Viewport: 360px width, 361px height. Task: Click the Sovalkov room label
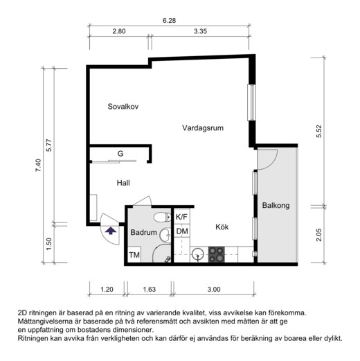tap(124, 107)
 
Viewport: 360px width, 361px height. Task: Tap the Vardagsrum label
tap(203, 128)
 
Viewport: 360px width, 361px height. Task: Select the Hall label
tap(123, 183)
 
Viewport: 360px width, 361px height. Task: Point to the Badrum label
tap(143, 234)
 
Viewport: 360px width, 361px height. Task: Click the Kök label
tap(222, 227)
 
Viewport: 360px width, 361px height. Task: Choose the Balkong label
tap(276, 206)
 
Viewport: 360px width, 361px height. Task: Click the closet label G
tap(120, 153)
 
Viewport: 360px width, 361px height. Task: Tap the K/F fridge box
tap(182, 217)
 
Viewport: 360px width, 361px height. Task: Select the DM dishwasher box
tap(181, 231)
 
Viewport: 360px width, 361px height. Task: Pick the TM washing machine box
tap(135, 256)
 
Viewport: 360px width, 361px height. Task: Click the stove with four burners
tap(217, 255)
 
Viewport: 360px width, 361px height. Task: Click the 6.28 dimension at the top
tap(169, 21)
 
